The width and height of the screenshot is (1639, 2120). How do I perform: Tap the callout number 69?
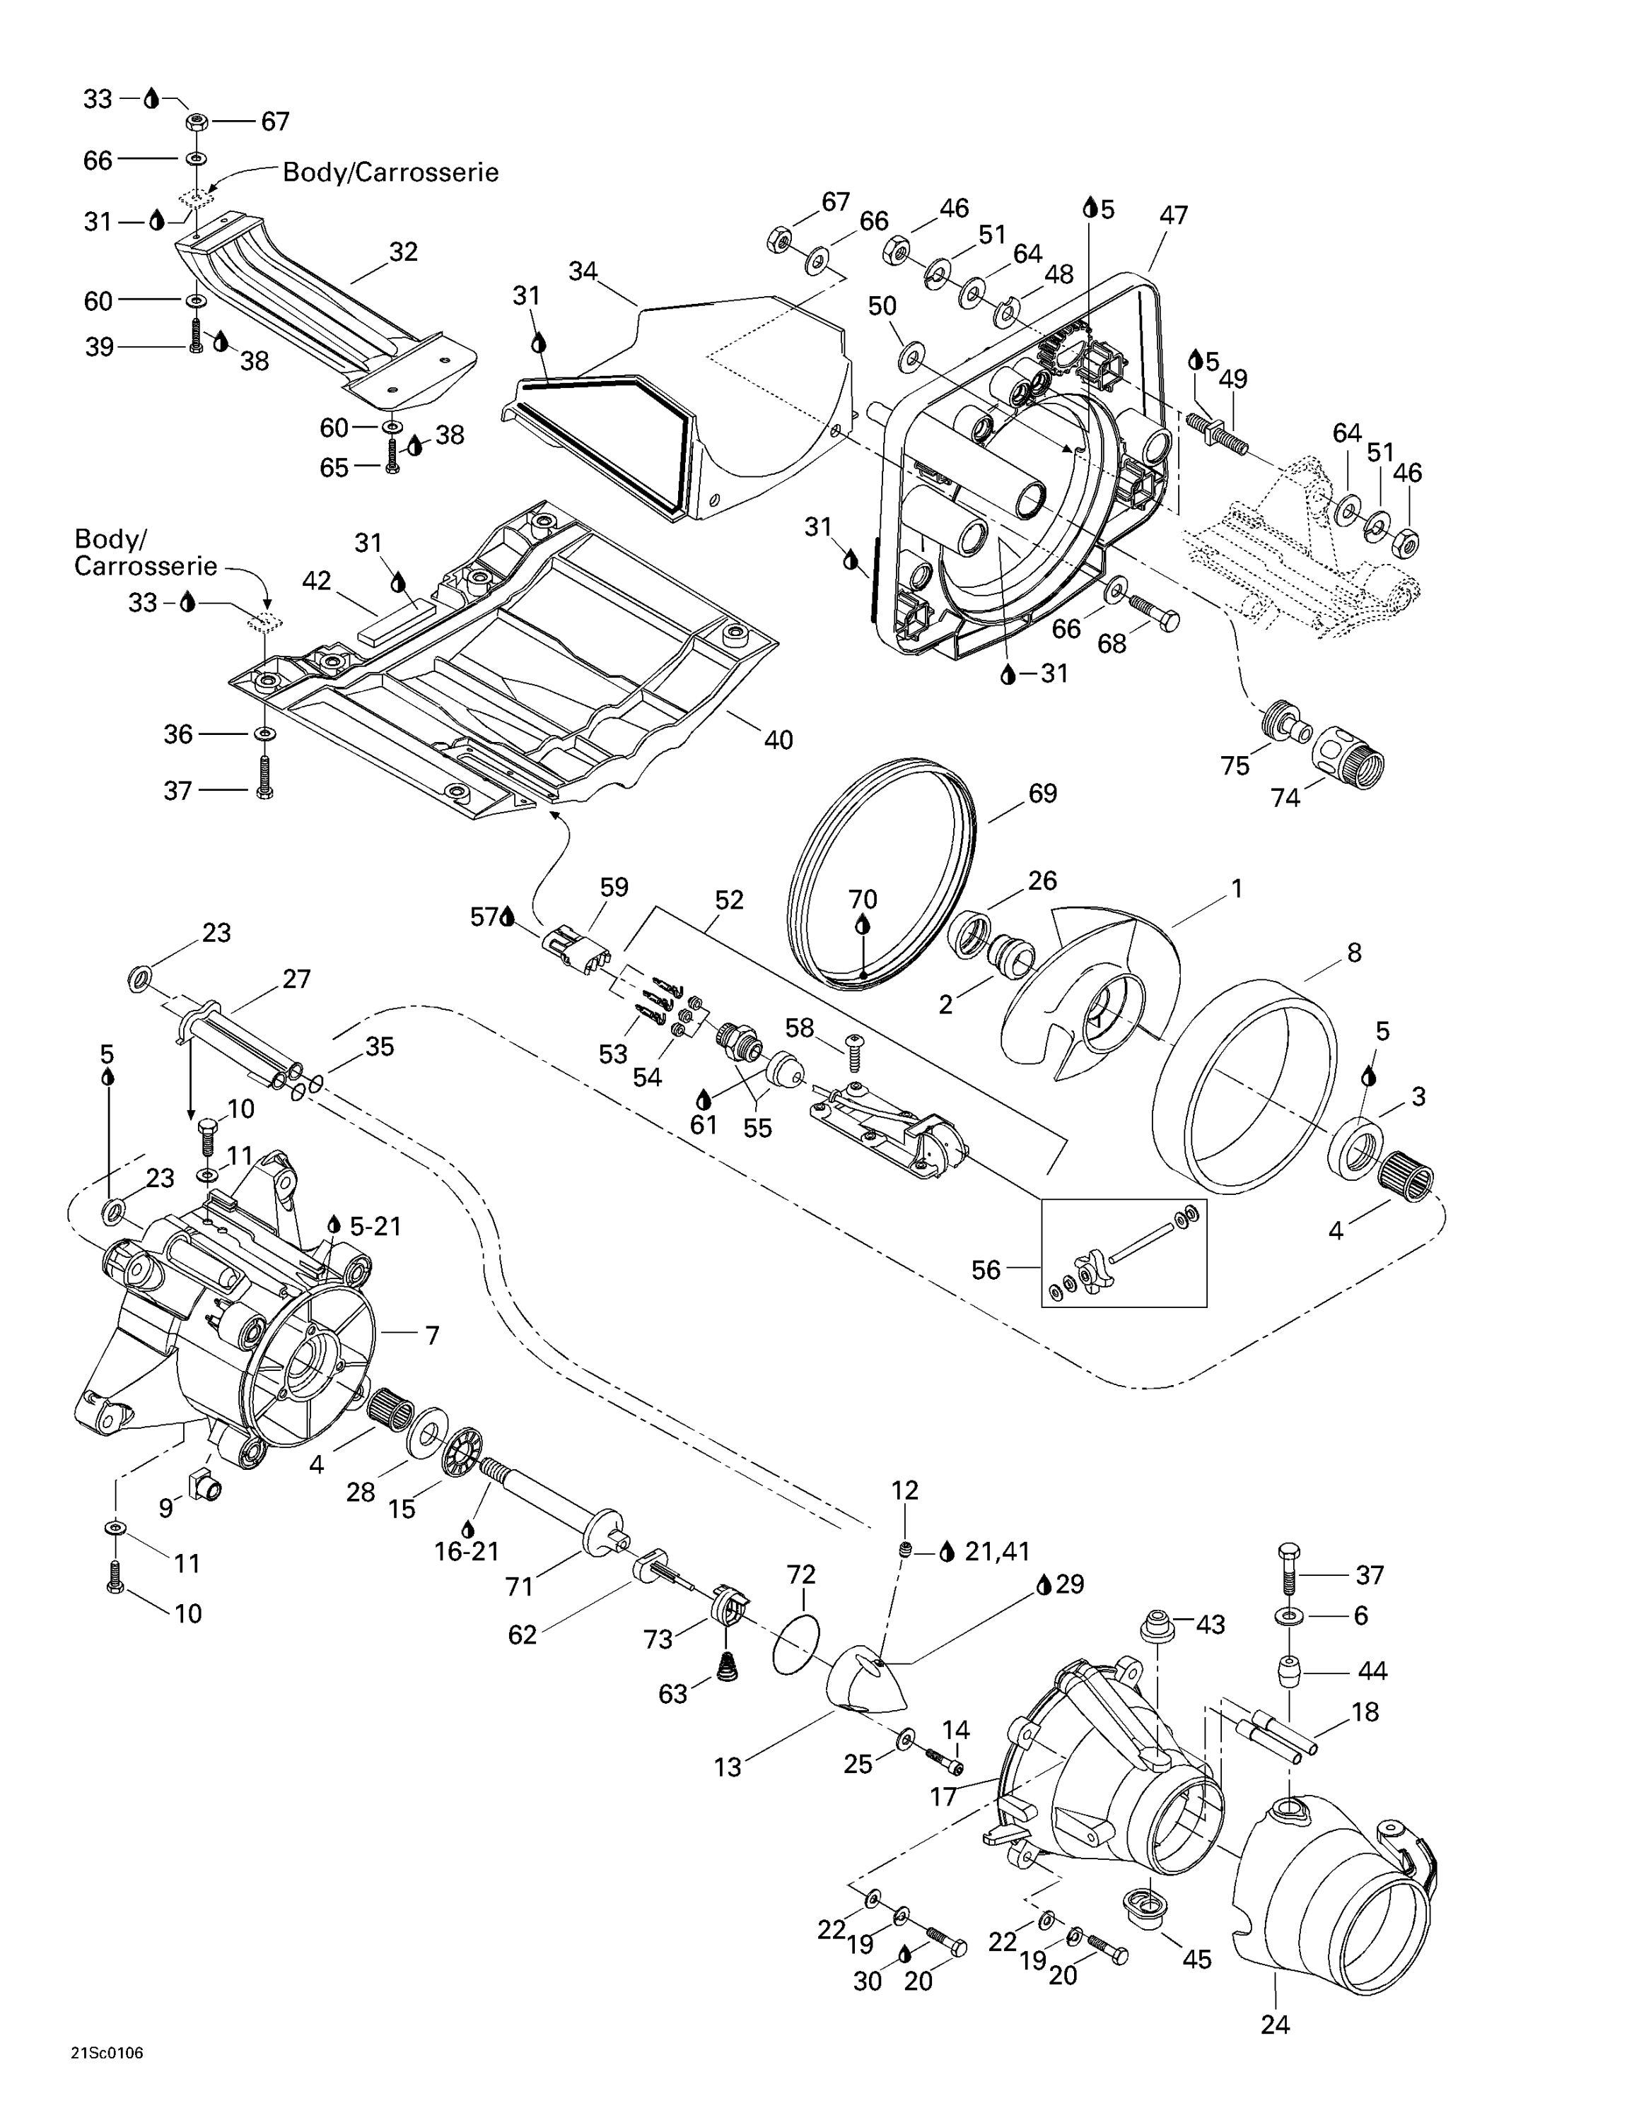(x=1042, y=793)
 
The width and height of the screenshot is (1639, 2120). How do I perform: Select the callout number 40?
(x=778, y=740)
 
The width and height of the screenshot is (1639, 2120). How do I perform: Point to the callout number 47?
(x=1173, y=216)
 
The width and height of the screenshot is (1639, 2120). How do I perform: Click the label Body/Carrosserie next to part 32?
(x=390, y=173)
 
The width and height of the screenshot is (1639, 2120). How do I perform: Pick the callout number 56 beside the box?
(x=986, y=1270)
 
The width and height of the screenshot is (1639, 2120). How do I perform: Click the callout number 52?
(x=728, y=900)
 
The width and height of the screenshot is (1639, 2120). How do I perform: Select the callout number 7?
(x=432, y=1335)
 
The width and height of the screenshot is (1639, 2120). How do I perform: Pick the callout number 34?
(x=583, y=272)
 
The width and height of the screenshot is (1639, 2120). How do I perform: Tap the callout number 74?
(x=1285, y=797)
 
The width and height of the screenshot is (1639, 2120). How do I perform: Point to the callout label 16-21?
(x=466, y=1551)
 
